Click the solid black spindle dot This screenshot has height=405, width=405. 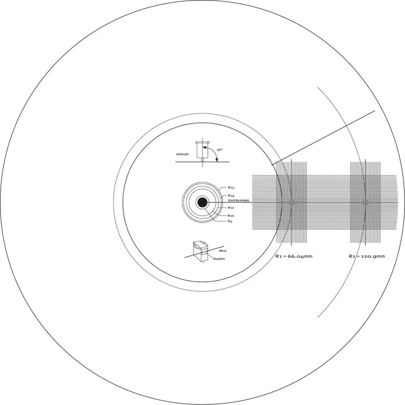(x=202, y=202)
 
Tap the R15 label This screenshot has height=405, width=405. (x=231, y=187)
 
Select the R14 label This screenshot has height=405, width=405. (x=231, y=195)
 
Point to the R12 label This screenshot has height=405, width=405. (x=231, y=208)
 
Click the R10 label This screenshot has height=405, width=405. (x=231, y=216)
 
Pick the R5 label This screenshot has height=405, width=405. (x=230, y=221)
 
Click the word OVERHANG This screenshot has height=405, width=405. (x=238, y=200)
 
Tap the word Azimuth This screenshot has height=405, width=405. (x=182, y=154)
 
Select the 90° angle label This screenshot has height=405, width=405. (x=219, y=150)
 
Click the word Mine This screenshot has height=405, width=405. (x=223, y=251)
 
